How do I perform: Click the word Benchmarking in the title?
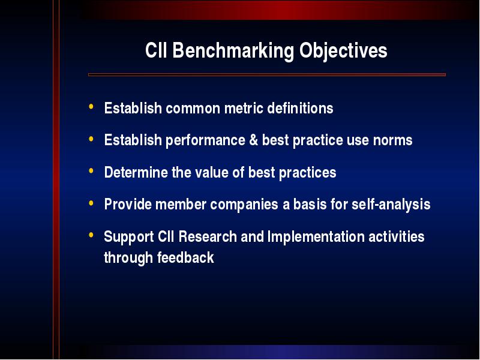point(233,51)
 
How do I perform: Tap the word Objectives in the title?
point(343,51)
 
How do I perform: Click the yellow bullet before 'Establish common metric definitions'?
point(91,107)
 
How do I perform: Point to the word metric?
point(244,108)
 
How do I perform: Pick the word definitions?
point(300,108)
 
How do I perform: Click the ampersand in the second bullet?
point(253,140)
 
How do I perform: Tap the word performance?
point(205,141)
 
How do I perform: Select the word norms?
point(392,141)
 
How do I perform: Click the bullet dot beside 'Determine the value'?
point(91,171)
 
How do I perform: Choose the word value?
point(212,172)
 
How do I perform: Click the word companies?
point(244,205)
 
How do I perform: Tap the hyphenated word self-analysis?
point(391,205)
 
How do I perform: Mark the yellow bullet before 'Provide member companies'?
point(91,203)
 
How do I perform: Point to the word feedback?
point(185,257)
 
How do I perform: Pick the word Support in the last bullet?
point(128,237)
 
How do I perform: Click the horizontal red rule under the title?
point(266,74)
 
